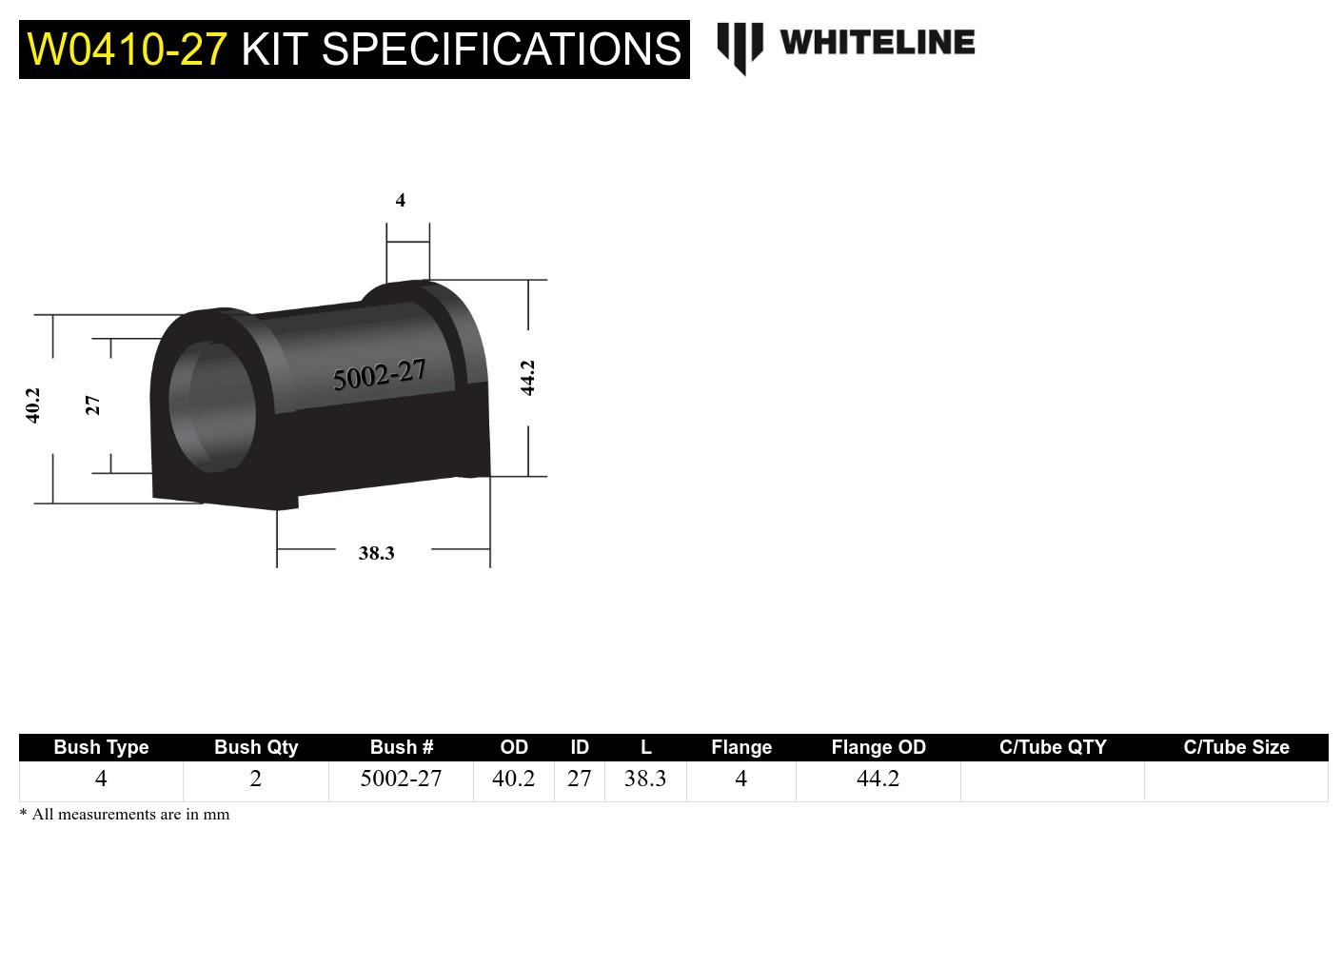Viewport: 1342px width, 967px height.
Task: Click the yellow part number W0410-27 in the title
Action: click(127, 49)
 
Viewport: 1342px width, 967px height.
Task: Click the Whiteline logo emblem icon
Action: click(740, 47)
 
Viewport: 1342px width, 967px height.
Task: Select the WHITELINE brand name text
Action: click(877, 43)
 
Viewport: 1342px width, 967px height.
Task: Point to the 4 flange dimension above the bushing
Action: click(401, 200)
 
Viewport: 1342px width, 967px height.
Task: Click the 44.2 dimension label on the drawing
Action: click(528, 378)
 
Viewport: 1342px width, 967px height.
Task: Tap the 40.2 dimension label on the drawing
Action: click(33, 405)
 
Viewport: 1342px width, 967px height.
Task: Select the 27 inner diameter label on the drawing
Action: click(92, 405)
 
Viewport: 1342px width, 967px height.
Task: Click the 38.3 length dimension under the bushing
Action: click(376, 553)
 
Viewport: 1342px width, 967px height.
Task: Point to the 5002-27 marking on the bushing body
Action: click(379, 375)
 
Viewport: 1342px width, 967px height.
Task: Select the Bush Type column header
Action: click(101, 747)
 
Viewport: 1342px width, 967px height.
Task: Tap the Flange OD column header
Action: click(878, 747)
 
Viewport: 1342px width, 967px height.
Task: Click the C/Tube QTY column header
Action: click(1052, 747)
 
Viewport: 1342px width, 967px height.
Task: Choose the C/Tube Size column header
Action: click(1235, 747)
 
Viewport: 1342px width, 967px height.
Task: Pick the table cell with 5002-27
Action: click(401, 780)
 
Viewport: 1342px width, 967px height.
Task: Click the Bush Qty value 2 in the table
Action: click(255, 780)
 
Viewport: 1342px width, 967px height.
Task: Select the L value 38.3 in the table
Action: click(644, 780)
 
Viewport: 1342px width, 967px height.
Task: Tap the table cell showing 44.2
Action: click(878, 780)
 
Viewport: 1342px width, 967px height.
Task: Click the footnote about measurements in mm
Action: click(125, 815)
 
